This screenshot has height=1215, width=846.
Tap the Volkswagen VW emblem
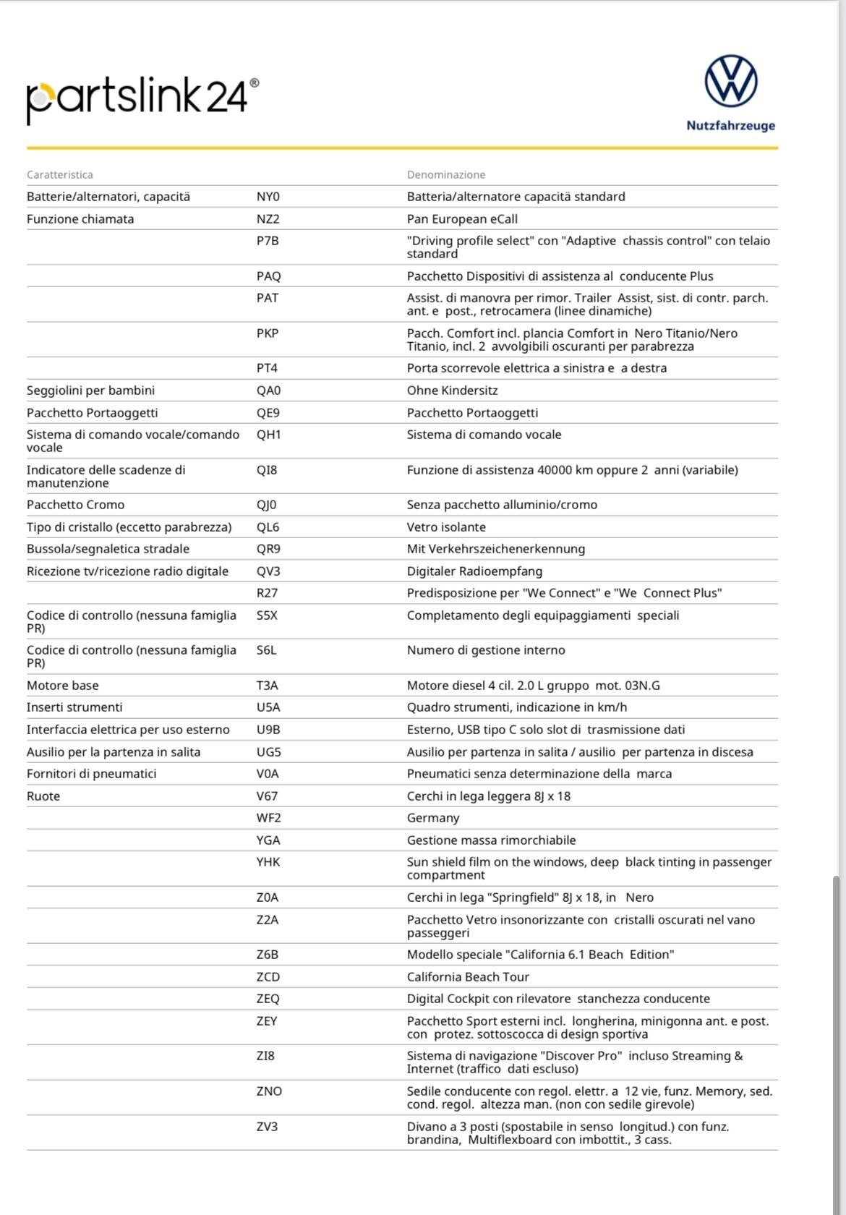point(731,80)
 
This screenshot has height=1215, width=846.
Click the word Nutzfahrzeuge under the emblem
point(730,126)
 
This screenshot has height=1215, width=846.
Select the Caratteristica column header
point(60,175)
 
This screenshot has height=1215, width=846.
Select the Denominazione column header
point(446,175)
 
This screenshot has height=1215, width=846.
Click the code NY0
point(268,197)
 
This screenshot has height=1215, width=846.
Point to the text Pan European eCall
point(462,219)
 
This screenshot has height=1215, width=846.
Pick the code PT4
point(267,368)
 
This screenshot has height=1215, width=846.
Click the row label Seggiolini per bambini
point(90,391)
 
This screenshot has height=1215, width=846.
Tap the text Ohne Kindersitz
point(452,391)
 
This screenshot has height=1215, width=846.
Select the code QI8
point(267,470)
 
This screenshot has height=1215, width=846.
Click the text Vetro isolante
point(446,527)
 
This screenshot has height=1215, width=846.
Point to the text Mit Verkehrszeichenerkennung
point(496,549)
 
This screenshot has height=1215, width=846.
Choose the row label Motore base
point(63,686)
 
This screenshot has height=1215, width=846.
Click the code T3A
point(268,686)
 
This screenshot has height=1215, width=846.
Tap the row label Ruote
point(43,796)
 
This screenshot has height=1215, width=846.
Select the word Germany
point(433,818)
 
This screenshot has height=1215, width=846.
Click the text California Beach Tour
point(468,977)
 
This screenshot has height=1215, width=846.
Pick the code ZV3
point(267,1127)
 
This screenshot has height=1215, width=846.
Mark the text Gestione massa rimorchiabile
point(491,840)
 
